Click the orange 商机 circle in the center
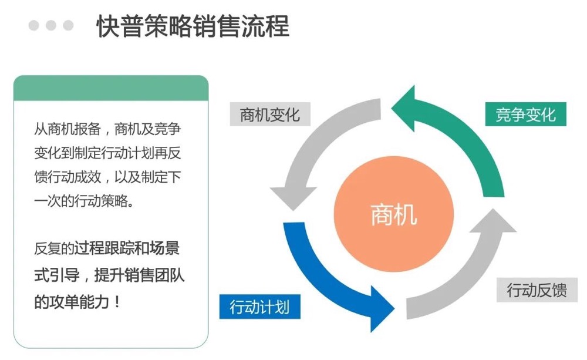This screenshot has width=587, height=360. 393,215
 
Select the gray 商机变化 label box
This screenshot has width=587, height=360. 269,114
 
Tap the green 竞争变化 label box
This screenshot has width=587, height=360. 525,114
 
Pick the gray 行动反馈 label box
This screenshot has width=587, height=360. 537,290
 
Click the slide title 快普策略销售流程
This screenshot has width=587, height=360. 193,27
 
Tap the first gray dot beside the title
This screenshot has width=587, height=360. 33,25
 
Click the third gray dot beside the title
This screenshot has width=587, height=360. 69,25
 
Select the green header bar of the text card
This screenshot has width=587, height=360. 111,88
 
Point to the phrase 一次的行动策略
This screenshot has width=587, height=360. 82,201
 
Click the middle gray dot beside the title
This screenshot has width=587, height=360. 51,25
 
